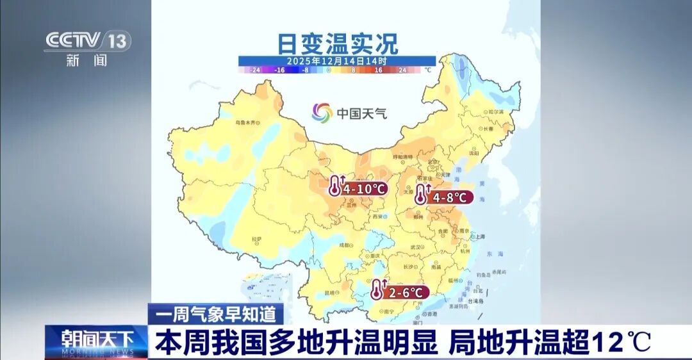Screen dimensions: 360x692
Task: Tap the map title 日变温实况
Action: tap(337, 44)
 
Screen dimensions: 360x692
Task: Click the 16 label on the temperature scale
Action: tap(378, 69)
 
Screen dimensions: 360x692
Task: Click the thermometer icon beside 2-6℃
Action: tap(377, 291)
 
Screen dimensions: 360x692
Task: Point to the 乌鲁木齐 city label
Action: tap(248, 122)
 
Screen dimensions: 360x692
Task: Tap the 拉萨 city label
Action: tap(257, 240)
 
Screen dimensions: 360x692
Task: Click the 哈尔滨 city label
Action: tap(496, 112)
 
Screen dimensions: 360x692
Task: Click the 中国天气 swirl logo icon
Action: tap(322, 113)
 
